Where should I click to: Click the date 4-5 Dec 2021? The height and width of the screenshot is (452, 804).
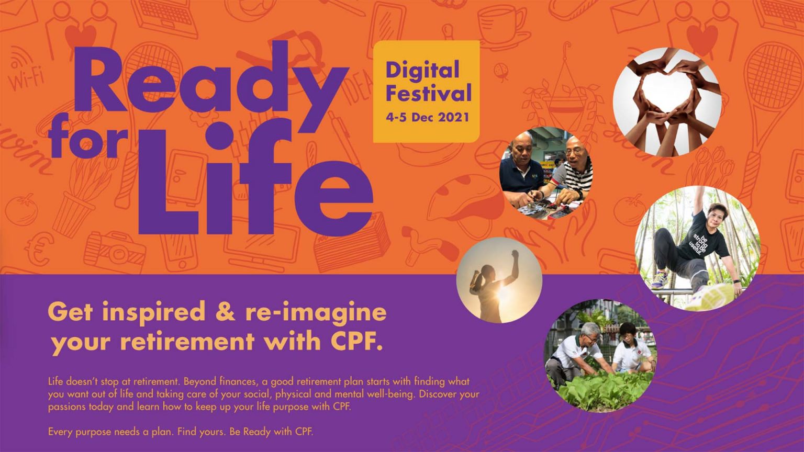[x=427, y=117]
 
